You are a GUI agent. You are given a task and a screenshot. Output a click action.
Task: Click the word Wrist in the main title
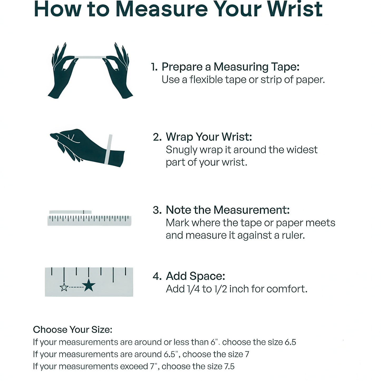(x=295, y=9)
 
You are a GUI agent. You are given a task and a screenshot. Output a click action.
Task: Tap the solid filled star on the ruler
(x=89, y=285)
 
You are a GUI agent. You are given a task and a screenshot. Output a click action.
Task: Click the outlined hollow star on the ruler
(x=64, y=287)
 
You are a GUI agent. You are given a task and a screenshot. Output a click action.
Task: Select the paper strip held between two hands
(x=90, y=57)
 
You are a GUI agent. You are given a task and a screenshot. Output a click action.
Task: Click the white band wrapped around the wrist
(x=108, y=149)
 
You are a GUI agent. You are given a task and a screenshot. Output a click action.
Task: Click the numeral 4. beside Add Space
(x=157, y=276)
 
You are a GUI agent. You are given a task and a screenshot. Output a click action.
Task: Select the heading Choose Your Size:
(x=73, y=330)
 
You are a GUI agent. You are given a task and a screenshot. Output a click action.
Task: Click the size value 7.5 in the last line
(x=229, y=366)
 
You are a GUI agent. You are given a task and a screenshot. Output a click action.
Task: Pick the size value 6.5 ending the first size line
(x=290, y=342)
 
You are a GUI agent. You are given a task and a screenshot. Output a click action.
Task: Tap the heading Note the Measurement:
(x=228, y=210)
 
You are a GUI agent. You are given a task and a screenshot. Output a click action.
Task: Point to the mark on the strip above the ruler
(x=84, y=212)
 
